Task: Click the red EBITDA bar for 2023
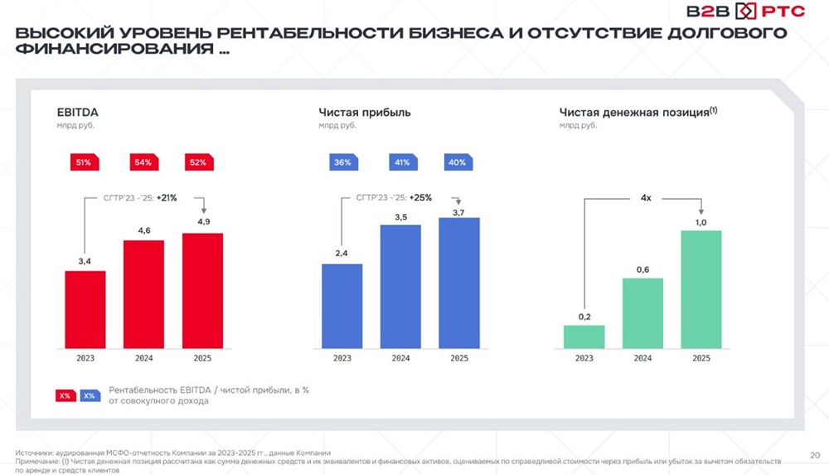pyautogui.click(x=85, y=310)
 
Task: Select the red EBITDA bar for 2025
pyautogui.click(x=202, y=291)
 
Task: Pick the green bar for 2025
pyautogui.click(x=701, y=289)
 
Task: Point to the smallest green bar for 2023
pyautogui.click(x=584, y=337)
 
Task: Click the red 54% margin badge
pyautogui.click(x=143, y=162)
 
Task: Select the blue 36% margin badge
pyautogui.click(x=342, y=162)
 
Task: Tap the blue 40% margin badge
pyautogui.click(x=456, y=162)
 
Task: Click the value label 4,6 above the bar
pyautogui.click(x=143, y=231)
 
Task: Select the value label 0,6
pyautogui.click(x=642, y=269)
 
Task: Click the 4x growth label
pyautogui.click(x=644, y=198)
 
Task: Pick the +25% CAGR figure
pyautogui.click(x=424, y=198)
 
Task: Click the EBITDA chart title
pyautogui.click(x=72, y=112)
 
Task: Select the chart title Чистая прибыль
pyautogui.click(x=365, y=112)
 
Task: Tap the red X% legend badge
pyautogui.click(x=65, y=395)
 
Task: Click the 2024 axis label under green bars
pyautogui.click(x=642, y=359)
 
